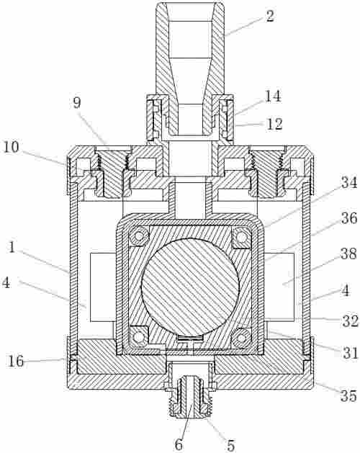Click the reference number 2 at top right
269,16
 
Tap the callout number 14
273,96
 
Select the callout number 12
274,124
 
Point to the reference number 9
77,103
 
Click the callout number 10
12,147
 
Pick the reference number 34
349,182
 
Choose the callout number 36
349,218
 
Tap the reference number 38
349,254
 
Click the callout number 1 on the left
12,247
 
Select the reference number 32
351,321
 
